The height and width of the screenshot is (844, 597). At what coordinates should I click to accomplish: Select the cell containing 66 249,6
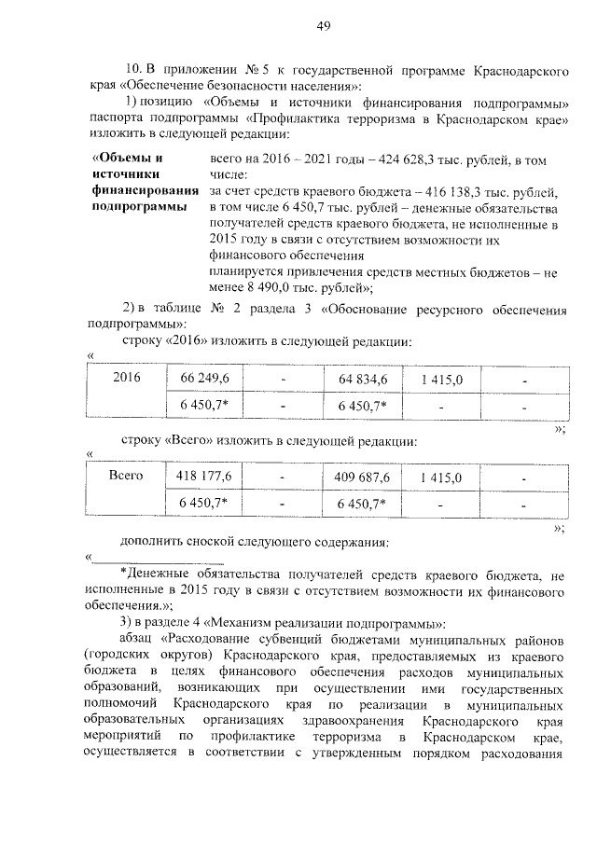197,380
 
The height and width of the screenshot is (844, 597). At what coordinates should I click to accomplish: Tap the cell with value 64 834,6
361,380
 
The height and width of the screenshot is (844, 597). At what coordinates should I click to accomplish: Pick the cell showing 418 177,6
197,477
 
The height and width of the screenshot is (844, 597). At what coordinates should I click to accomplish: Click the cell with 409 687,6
361,477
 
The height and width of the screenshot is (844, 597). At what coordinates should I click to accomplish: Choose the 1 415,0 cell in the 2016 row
441,380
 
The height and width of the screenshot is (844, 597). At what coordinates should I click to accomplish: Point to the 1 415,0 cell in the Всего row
441,477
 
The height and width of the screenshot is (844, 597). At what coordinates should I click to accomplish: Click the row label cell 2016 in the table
125,380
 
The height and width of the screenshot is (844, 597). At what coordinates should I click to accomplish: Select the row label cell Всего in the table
125,477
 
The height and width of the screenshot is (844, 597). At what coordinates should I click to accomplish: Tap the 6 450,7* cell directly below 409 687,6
361,503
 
